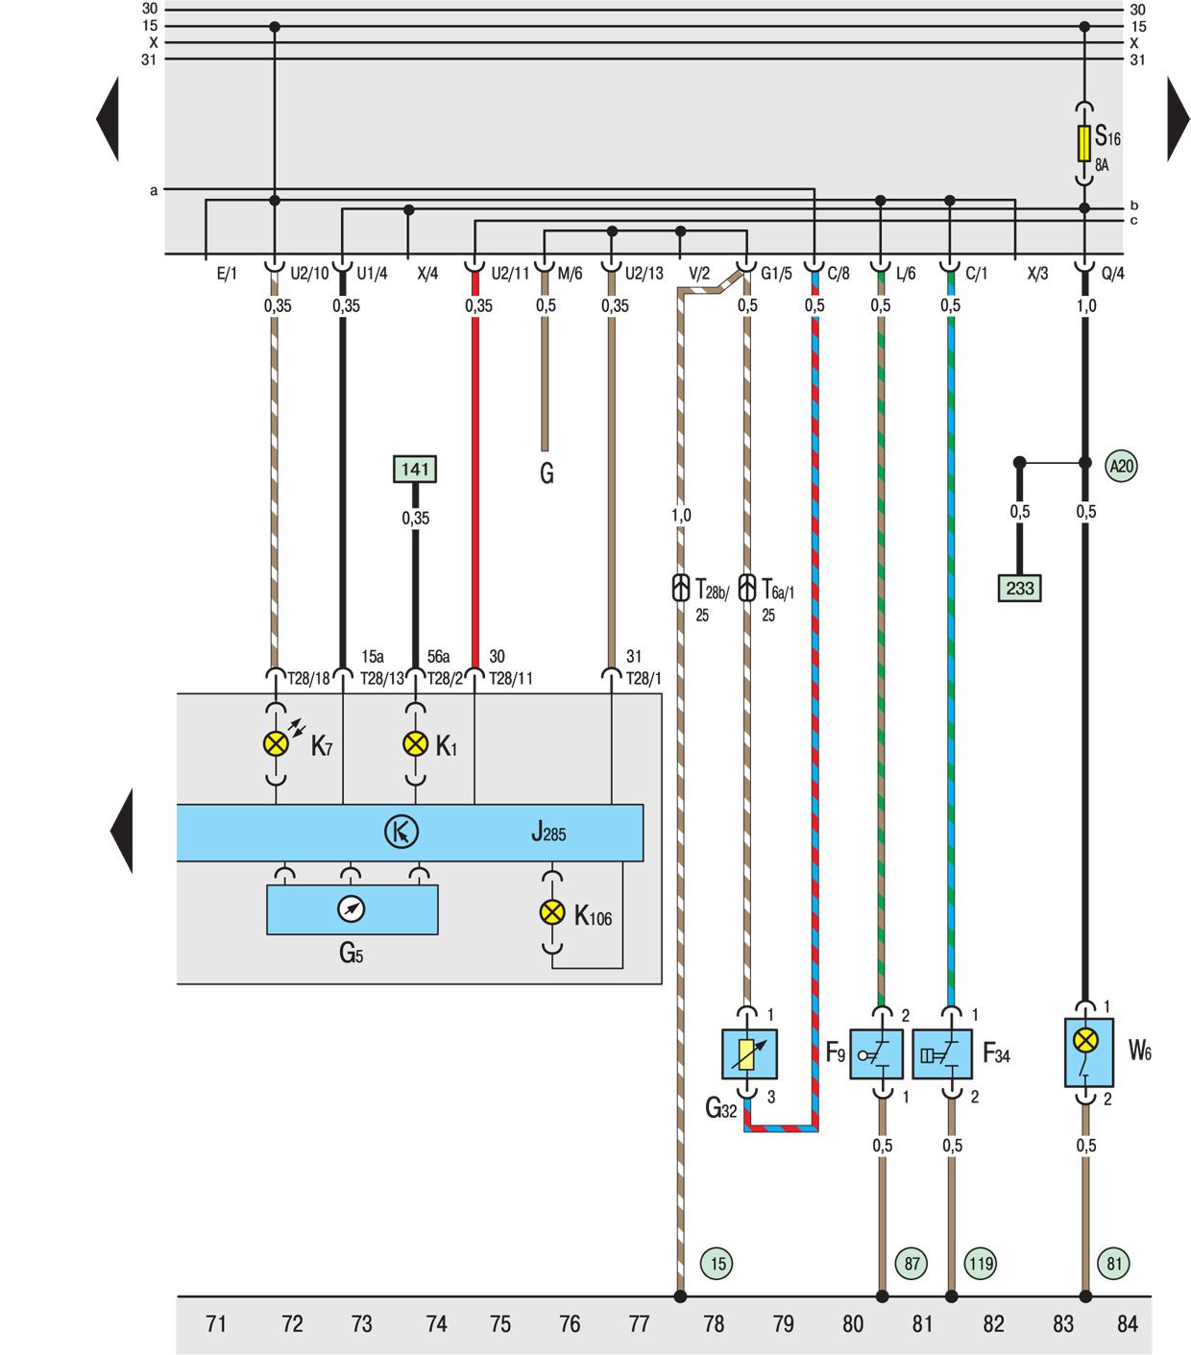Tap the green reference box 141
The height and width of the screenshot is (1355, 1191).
415,469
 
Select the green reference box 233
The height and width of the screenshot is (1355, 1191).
1019,588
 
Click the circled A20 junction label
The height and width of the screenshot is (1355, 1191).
1121,467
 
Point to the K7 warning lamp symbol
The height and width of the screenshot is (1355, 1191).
276,743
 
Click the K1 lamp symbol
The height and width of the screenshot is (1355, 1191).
415,743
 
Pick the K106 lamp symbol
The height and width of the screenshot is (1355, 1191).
552,912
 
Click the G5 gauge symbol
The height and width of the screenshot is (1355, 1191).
352,908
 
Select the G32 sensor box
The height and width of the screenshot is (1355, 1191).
749,1053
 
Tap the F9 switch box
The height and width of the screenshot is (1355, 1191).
876,1053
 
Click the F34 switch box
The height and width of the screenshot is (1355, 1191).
942,1053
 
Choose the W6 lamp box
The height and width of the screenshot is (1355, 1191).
1088,1052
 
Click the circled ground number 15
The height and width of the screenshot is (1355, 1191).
717,1263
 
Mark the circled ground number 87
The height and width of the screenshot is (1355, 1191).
911,1263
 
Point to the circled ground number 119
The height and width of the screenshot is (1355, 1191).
980,1263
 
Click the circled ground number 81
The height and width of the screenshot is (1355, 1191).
1114,1263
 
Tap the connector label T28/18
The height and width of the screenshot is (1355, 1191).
309,679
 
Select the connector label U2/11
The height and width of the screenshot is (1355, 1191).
510,274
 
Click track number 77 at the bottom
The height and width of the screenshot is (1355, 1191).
639,1324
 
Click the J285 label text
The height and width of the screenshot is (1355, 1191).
548,832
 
